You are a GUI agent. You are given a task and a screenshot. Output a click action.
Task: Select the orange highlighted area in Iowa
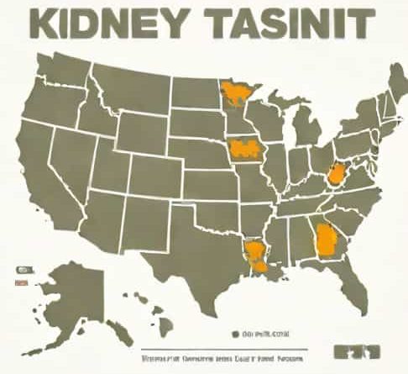point(245,149)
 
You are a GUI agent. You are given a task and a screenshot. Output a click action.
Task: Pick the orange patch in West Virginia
point(337,174)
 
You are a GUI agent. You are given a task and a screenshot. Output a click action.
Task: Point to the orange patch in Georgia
point(325,239)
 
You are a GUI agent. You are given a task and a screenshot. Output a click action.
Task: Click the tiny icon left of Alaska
point(19,271)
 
